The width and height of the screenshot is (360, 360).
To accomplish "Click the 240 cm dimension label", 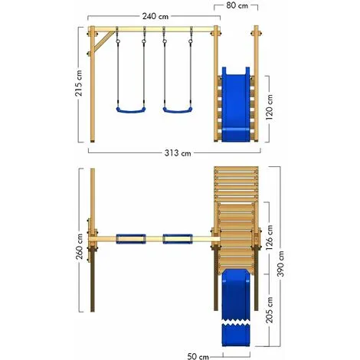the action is pos(155,16).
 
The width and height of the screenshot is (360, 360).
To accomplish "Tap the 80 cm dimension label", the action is pos(237,5).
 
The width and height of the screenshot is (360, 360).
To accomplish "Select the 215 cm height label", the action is pos(79,83).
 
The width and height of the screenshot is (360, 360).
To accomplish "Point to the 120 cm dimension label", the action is pos(270,107).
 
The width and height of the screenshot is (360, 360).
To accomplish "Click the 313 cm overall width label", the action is pos(178,153).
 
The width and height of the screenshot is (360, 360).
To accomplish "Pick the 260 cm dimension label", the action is pos(80,247).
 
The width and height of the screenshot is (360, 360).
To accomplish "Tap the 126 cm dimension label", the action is pos(269,237).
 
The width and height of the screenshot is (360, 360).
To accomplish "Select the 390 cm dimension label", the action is pos(280,263).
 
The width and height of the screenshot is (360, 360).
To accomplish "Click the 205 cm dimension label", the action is pos(269,309).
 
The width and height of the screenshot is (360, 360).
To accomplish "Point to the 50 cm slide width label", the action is pos(198,356).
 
